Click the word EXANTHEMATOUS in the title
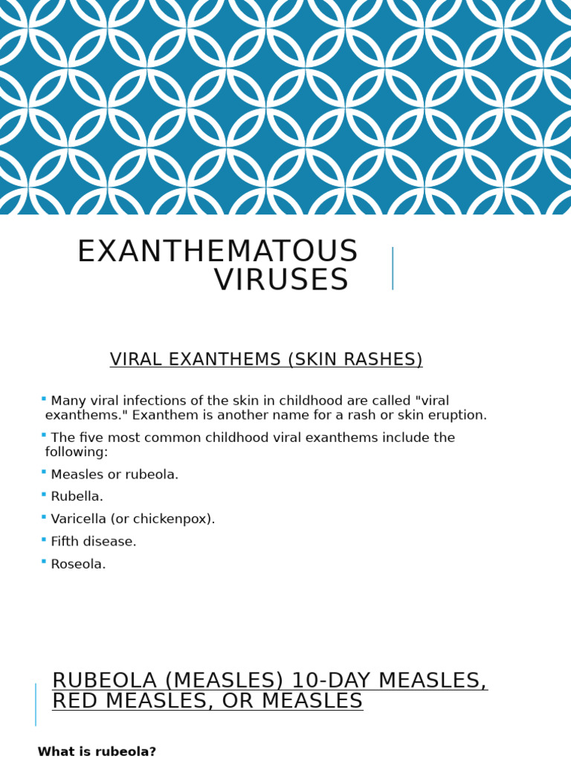click(x=217, y=252)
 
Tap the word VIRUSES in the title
click(x=281, y=281)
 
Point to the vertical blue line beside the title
click(x=393, y=269)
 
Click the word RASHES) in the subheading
click(x=387, y=360)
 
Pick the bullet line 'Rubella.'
click(x=77, y=496)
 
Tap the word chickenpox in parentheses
click(x=175, y=519)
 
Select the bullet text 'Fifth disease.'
click(x=94, y=542)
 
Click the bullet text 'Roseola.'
click(x=78, y=564)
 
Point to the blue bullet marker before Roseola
click(x=44, y=561)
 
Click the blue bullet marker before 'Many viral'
click(x=44, y=398)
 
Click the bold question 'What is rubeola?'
click(x=97, y=752)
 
